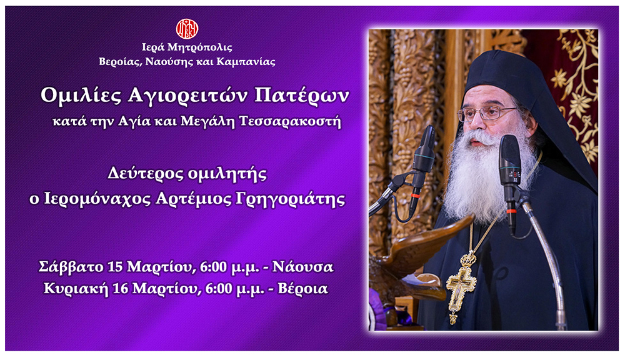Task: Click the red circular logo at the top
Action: click(x=187, y=29)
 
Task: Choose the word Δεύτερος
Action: click(x=145, y=174)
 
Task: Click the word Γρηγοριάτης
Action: click(x=290, y=199)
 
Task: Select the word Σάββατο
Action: click(x=71, y=267)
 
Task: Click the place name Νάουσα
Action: click(x=302, y=267)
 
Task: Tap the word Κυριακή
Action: click(x=76, y=288)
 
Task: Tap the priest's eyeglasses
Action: click(x=487, y=114)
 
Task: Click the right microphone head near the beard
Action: click(x=510, y=159)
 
